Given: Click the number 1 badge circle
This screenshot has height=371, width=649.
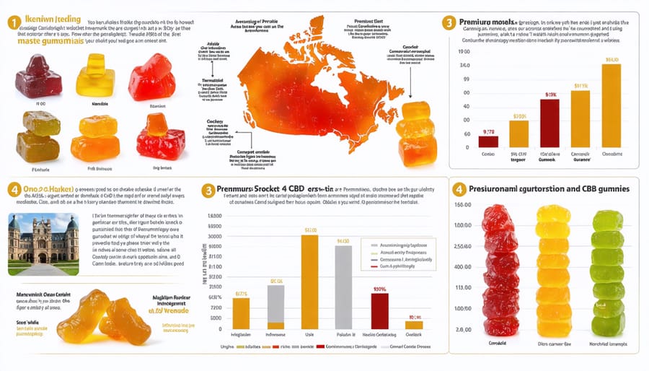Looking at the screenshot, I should [x=12, y=23].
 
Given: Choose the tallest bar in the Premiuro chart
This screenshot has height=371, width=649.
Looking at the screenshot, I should [x=611, y=104].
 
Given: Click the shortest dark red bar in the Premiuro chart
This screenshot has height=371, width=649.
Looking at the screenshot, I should [x=488, y=141].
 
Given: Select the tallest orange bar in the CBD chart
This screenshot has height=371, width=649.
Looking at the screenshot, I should [x=309, y=282].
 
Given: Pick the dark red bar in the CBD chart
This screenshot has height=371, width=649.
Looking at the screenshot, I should [x=379, y=311].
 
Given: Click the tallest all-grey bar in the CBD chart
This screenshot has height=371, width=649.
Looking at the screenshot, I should [x=344, y=287].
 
